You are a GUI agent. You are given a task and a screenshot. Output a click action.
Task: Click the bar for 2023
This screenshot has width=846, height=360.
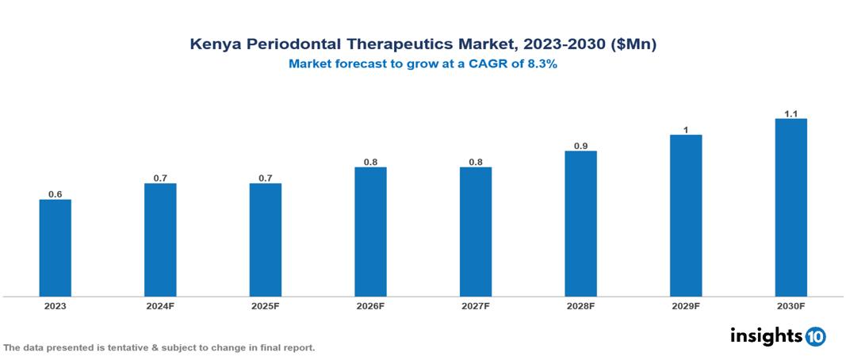point(56,247)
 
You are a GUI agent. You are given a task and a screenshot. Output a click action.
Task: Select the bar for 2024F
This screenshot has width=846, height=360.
point(160,239)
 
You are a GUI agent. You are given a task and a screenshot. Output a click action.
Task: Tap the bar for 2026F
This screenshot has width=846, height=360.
point(370,232)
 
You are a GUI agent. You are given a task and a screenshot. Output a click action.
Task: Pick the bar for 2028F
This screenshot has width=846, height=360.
point(580,224)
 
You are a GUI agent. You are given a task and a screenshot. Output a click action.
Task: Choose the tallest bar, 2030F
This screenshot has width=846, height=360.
point(790,207)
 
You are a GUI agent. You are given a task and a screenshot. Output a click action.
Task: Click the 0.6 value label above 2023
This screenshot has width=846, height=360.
point(56,194)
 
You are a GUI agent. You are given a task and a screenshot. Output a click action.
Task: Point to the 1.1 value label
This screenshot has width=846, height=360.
point(790,114)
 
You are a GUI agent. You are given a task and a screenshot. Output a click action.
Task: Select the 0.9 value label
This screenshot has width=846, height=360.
point(580,146)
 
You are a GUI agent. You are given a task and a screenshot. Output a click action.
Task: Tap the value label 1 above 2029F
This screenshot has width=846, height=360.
point(685,130)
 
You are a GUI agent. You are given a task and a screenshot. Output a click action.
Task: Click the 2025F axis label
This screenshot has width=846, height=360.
point(265,305)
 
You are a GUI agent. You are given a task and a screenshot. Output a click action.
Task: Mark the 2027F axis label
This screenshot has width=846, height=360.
point(475,305)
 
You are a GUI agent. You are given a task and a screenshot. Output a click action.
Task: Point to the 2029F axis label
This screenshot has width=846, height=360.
point(685,305)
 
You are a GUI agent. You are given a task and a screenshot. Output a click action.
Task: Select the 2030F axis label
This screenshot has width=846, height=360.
point(790,305)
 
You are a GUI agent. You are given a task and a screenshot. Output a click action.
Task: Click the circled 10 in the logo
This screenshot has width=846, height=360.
point(815,336)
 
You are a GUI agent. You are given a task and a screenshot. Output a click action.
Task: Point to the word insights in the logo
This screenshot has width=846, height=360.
point(765,335)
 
